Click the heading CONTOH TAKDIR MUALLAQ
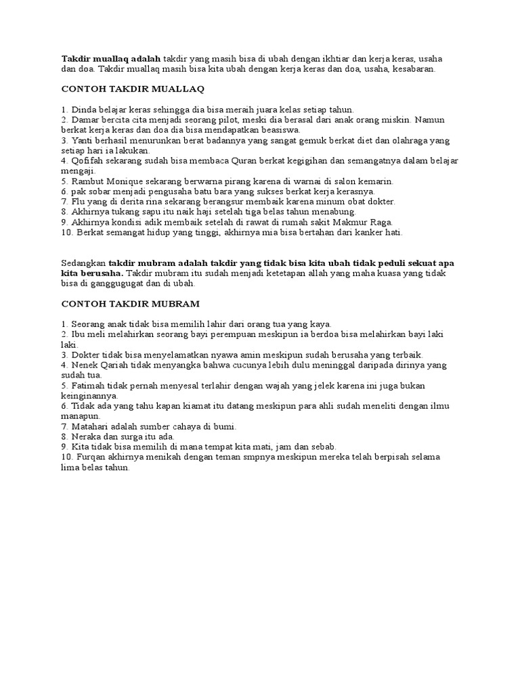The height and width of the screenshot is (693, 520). (x=133, y=89)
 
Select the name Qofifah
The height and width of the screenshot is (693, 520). (x=87, y=160)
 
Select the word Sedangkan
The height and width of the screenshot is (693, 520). (x=84, y=263)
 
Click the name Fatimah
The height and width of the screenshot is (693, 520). (x=89, y=385)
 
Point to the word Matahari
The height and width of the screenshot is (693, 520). (x=90, y=426)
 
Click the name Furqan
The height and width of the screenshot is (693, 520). (x=92, y=457)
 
